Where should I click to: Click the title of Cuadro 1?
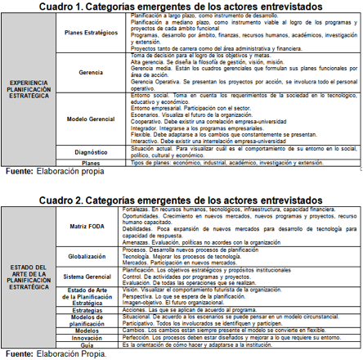pyautogui.click(x=181, y=7)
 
